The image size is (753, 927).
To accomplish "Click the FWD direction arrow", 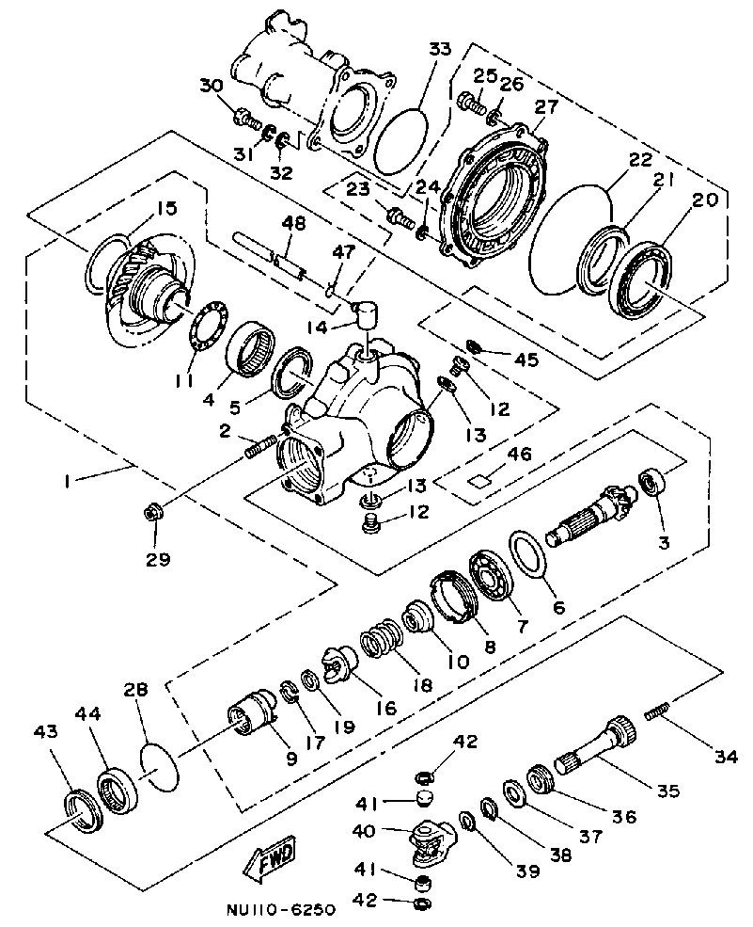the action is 269,855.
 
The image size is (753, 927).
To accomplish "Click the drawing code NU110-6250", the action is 280,908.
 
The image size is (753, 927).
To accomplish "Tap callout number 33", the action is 439,50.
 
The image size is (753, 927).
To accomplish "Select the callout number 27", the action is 546,108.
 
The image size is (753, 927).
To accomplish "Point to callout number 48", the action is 293,224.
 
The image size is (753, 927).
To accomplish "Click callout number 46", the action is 519,454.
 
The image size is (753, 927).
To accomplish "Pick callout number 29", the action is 158,558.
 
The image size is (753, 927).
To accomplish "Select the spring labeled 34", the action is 658,711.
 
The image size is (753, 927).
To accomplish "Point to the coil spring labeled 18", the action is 382,639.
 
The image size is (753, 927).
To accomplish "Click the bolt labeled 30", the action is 247,119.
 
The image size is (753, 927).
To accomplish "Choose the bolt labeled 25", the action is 470,103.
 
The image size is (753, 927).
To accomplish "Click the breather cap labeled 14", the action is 368,311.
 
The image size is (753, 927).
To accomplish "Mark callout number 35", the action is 668,791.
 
